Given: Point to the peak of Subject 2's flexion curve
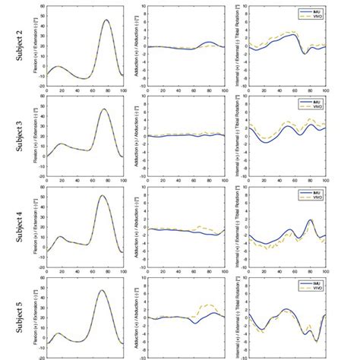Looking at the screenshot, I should [x=106, y=21].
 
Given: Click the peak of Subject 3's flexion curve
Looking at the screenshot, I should [x=103, y=109].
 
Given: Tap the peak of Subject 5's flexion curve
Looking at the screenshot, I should [x=103, y=291].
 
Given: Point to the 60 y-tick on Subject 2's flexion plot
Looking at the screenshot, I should [x=42, y=6].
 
